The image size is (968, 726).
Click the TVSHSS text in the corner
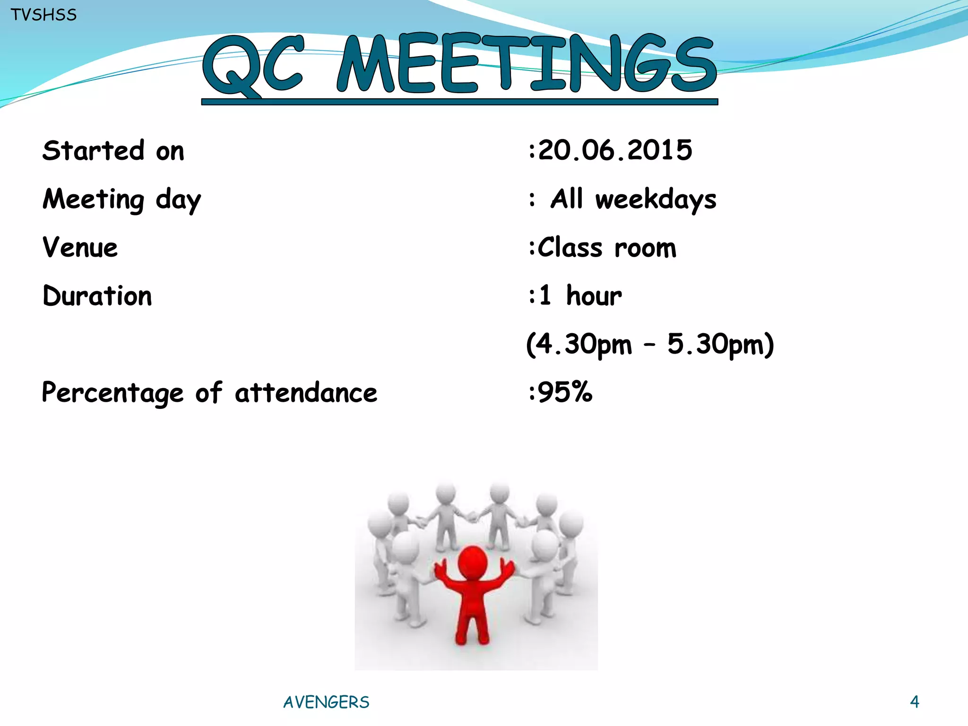[43, 15]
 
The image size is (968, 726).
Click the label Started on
[113, 151]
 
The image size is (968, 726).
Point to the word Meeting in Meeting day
[93, 199]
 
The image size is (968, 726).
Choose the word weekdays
[656, 199]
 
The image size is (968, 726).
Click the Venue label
[80, 247]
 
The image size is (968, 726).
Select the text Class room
[607, 247]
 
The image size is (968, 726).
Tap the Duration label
[97, 296]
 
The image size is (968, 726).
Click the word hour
[594, 296]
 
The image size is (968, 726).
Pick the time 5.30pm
[715, 344]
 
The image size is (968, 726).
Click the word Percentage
[112, 393]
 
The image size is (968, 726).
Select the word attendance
[306, 393]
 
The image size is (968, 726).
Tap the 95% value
[565, 392]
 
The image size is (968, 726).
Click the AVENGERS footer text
[326, 702]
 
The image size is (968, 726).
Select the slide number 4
[915, 701]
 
